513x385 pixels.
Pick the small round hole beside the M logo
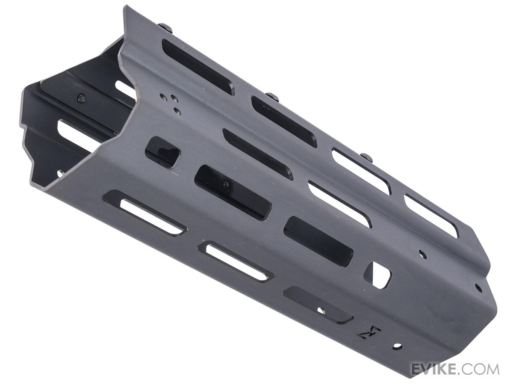tap(397, 352)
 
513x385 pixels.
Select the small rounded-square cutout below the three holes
tap(163, 152)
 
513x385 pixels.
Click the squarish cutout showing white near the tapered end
tap(377, 275)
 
